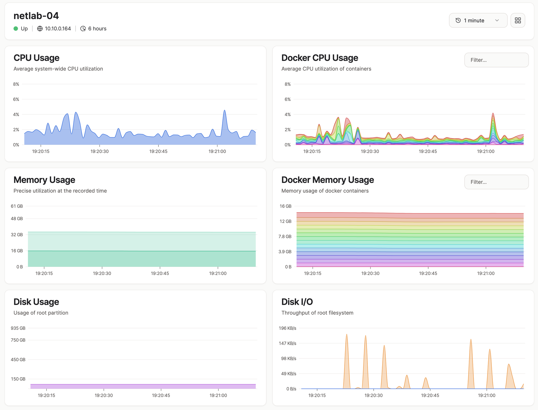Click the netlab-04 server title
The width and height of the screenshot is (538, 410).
36,16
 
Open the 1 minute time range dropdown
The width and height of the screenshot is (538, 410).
478,20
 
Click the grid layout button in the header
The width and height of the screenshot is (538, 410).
518,20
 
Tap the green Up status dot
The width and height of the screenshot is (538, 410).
16,28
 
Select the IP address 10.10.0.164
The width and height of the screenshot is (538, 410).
58,28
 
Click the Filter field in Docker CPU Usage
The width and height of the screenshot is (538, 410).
496,60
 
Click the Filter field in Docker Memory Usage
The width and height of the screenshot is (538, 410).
496,182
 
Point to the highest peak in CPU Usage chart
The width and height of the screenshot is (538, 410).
225,110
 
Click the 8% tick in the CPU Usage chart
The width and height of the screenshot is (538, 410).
16,84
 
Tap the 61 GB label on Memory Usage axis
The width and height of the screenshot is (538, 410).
17,206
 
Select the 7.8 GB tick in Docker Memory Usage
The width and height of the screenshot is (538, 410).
285,237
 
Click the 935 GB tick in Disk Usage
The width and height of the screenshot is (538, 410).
18,328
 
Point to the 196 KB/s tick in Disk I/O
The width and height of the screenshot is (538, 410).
288,328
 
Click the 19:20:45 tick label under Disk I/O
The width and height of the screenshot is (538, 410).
430,395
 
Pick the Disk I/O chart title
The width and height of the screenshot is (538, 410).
297,302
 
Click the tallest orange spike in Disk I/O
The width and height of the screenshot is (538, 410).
347,335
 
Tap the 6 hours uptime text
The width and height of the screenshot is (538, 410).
97,28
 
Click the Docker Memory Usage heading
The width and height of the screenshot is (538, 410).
328,180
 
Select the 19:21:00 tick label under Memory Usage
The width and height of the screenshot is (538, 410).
218,273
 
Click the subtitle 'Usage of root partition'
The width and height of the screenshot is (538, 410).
41,313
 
